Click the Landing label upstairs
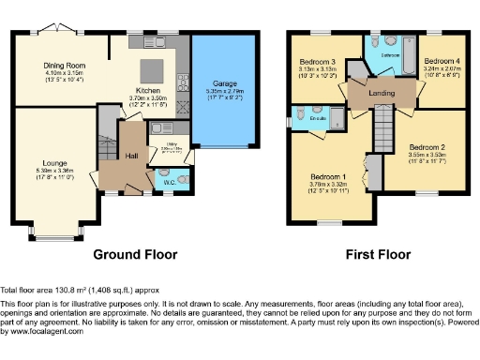(x=381, y=92)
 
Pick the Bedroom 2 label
(x=427, y=148)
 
